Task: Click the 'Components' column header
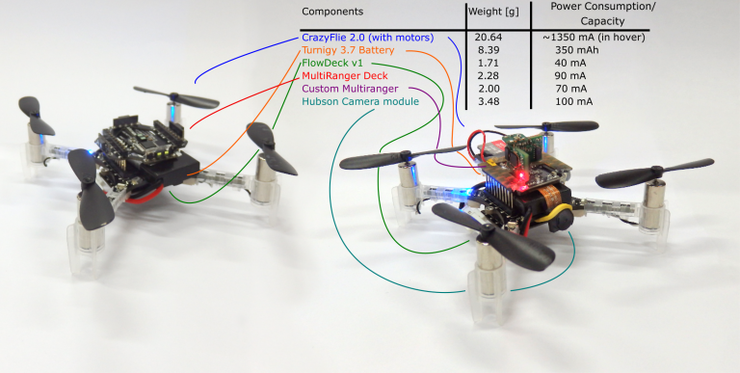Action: tap(332, 12)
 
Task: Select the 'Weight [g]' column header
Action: tap(493, 12)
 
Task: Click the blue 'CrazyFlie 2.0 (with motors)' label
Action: tap(371, 36)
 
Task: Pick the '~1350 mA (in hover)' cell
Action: tap(601, 36)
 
